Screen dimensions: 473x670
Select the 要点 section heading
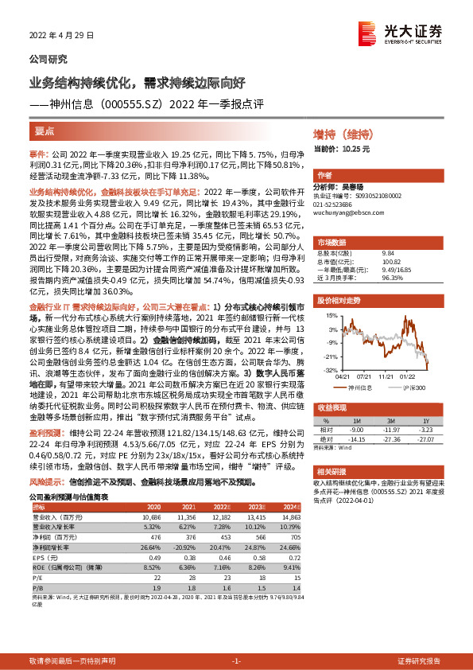pyautogui.click(x=45, y=130)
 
